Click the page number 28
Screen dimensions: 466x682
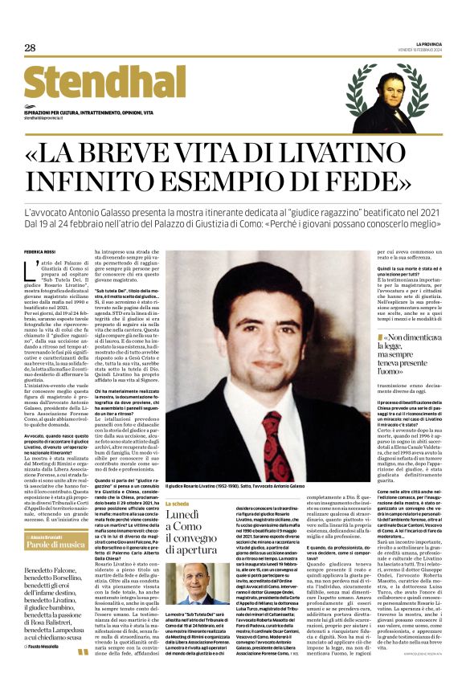click(30, 48)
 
